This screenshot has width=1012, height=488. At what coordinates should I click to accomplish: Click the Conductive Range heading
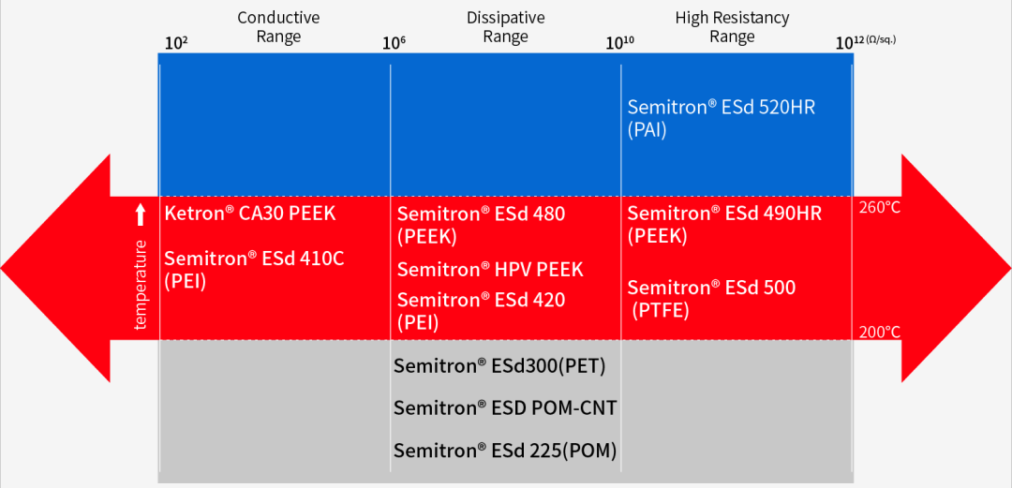click(x=279, y=27)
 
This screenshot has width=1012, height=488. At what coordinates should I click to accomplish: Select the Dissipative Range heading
click(x=505, y=27)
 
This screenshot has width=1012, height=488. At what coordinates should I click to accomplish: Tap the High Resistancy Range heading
click(x=732, y=27)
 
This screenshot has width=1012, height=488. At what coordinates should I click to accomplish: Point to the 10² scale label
click(x=176, y=43)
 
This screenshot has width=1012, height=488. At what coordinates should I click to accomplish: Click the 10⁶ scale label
click(x=394, y=43)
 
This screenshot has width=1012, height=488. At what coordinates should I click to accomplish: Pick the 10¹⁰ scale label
click(x=619, y=43)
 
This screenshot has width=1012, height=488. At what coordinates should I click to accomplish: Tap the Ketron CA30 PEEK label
click(x=250, y=214)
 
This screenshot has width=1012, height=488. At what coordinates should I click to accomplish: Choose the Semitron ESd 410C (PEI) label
click(x=254, y=271)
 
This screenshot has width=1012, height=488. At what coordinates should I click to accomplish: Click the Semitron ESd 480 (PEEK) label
click(x=481, y=226)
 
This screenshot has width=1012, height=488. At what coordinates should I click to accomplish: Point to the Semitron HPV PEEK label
click(x=490, y=269)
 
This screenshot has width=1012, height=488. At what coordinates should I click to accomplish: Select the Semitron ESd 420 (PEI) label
click(x=481, y=311)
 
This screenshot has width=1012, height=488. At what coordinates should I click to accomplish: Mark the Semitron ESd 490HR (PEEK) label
click(x=724, y=225)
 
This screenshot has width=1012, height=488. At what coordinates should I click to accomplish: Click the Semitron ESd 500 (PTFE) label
click(x=711, y=299)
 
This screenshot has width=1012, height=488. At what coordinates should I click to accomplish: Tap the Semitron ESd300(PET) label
click(x=499, y=366)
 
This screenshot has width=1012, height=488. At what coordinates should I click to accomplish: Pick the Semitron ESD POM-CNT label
click(x=505, y=408)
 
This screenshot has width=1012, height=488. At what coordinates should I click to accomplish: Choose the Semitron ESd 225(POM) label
click(x=505, y=451)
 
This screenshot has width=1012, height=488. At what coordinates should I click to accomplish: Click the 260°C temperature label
click(x=879, y=209)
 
